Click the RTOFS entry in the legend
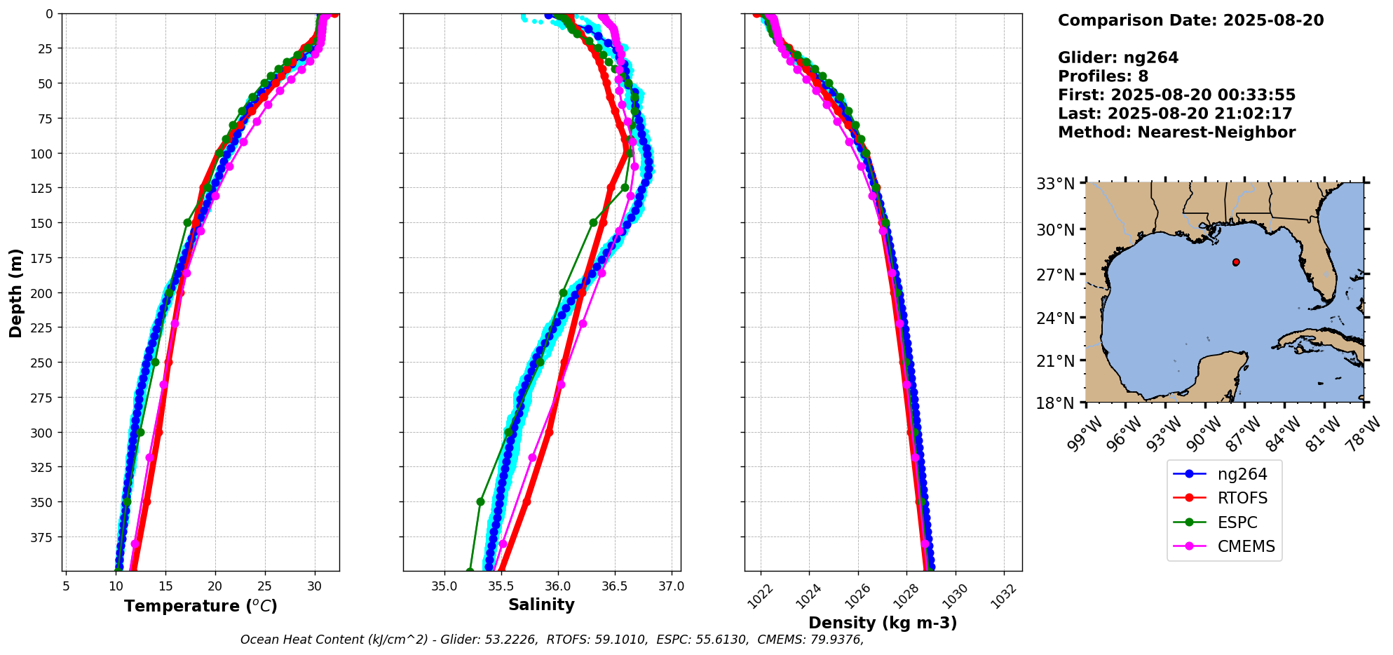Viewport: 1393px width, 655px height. (x=1242, y=498)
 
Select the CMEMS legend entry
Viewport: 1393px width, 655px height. (x=1245, y=546)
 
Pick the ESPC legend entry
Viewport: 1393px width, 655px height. (x=1237, y=522)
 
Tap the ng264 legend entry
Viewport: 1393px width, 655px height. (x=1242, y=474)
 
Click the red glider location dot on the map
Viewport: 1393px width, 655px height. (x=1236, y=262)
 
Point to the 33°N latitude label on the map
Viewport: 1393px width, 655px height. (x=1055, y=184)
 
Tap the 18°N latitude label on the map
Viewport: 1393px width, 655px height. (x=1055, y=403)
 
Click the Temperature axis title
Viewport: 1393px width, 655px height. (x=201, y=606)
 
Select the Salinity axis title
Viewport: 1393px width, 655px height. (x=541, y=605)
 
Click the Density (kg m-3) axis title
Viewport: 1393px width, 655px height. (x=883, y=623)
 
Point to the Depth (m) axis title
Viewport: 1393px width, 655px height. (x=15, y=292)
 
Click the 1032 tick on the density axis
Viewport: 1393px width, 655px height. (x=1005, y=596)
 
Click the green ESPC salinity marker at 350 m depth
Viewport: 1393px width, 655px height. (x=480, y=501)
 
